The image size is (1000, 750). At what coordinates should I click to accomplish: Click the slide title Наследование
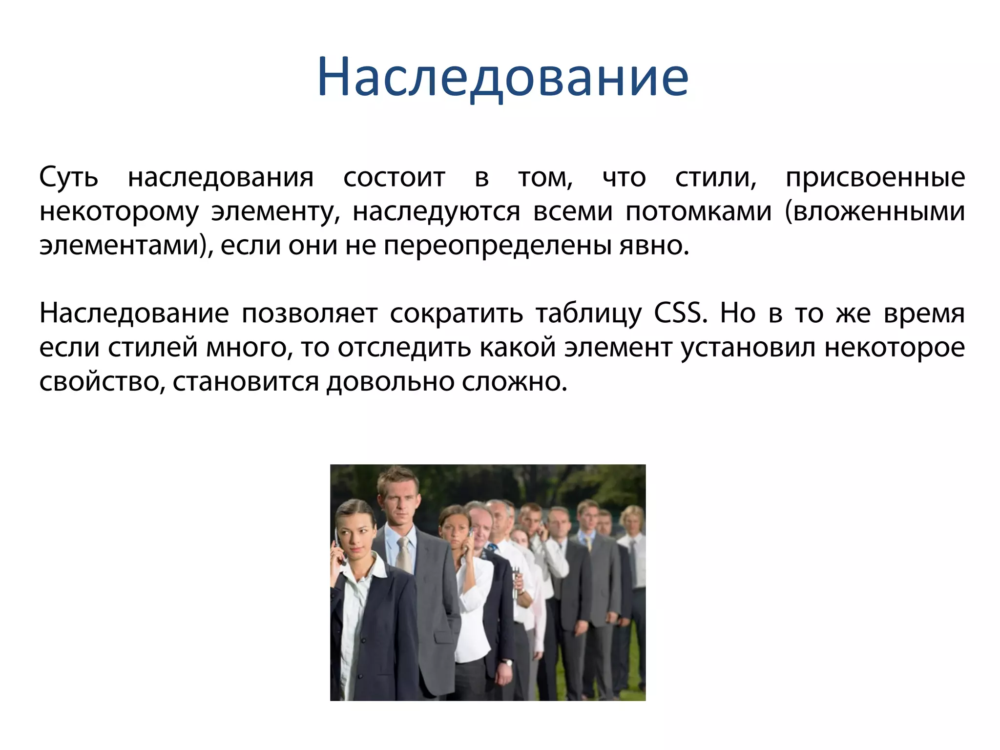pyautogui.click(x=502, y=78)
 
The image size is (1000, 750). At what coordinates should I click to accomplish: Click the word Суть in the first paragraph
pyautogui.click(x=68, y=177)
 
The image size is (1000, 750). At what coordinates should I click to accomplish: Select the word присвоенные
pyautogui.click(x=875, y=178)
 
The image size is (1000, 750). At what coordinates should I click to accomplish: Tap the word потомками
pyautogui.click(x=699, y=212)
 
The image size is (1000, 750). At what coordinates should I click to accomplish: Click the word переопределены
pyautogui.click(x=497, y=246)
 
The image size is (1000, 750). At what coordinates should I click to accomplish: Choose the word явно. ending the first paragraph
pyautogui.click(x=654, y=246)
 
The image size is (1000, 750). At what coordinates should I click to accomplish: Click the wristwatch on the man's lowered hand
pyautogui.click(x=508, y=663)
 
